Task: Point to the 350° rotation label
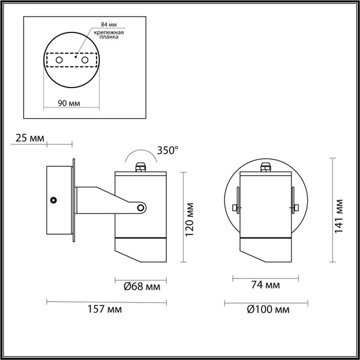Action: point(167,151)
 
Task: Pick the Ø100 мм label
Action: point(264,310)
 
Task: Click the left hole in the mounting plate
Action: point(59,61)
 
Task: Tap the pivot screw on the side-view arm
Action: point(141,208)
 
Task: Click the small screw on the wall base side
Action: point(53,199)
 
